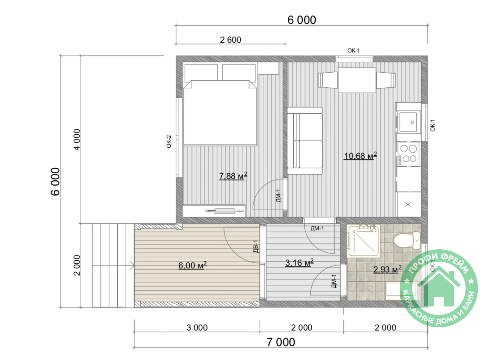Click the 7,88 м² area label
233,176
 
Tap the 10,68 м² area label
360,156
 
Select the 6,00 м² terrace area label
192,265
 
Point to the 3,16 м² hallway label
299,263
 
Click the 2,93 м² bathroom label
387,269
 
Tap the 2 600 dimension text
230,40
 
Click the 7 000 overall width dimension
281,342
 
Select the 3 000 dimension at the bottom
197,328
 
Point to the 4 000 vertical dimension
77,139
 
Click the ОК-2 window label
169,141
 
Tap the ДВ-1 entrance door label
256,246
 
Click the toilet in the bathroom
407,241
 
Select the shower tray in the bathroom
364,241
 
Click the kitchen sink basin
409,122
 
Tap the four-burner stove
408,154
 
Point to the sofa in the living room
304,141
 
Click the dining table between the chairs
357,80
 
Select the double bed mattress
220,112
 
